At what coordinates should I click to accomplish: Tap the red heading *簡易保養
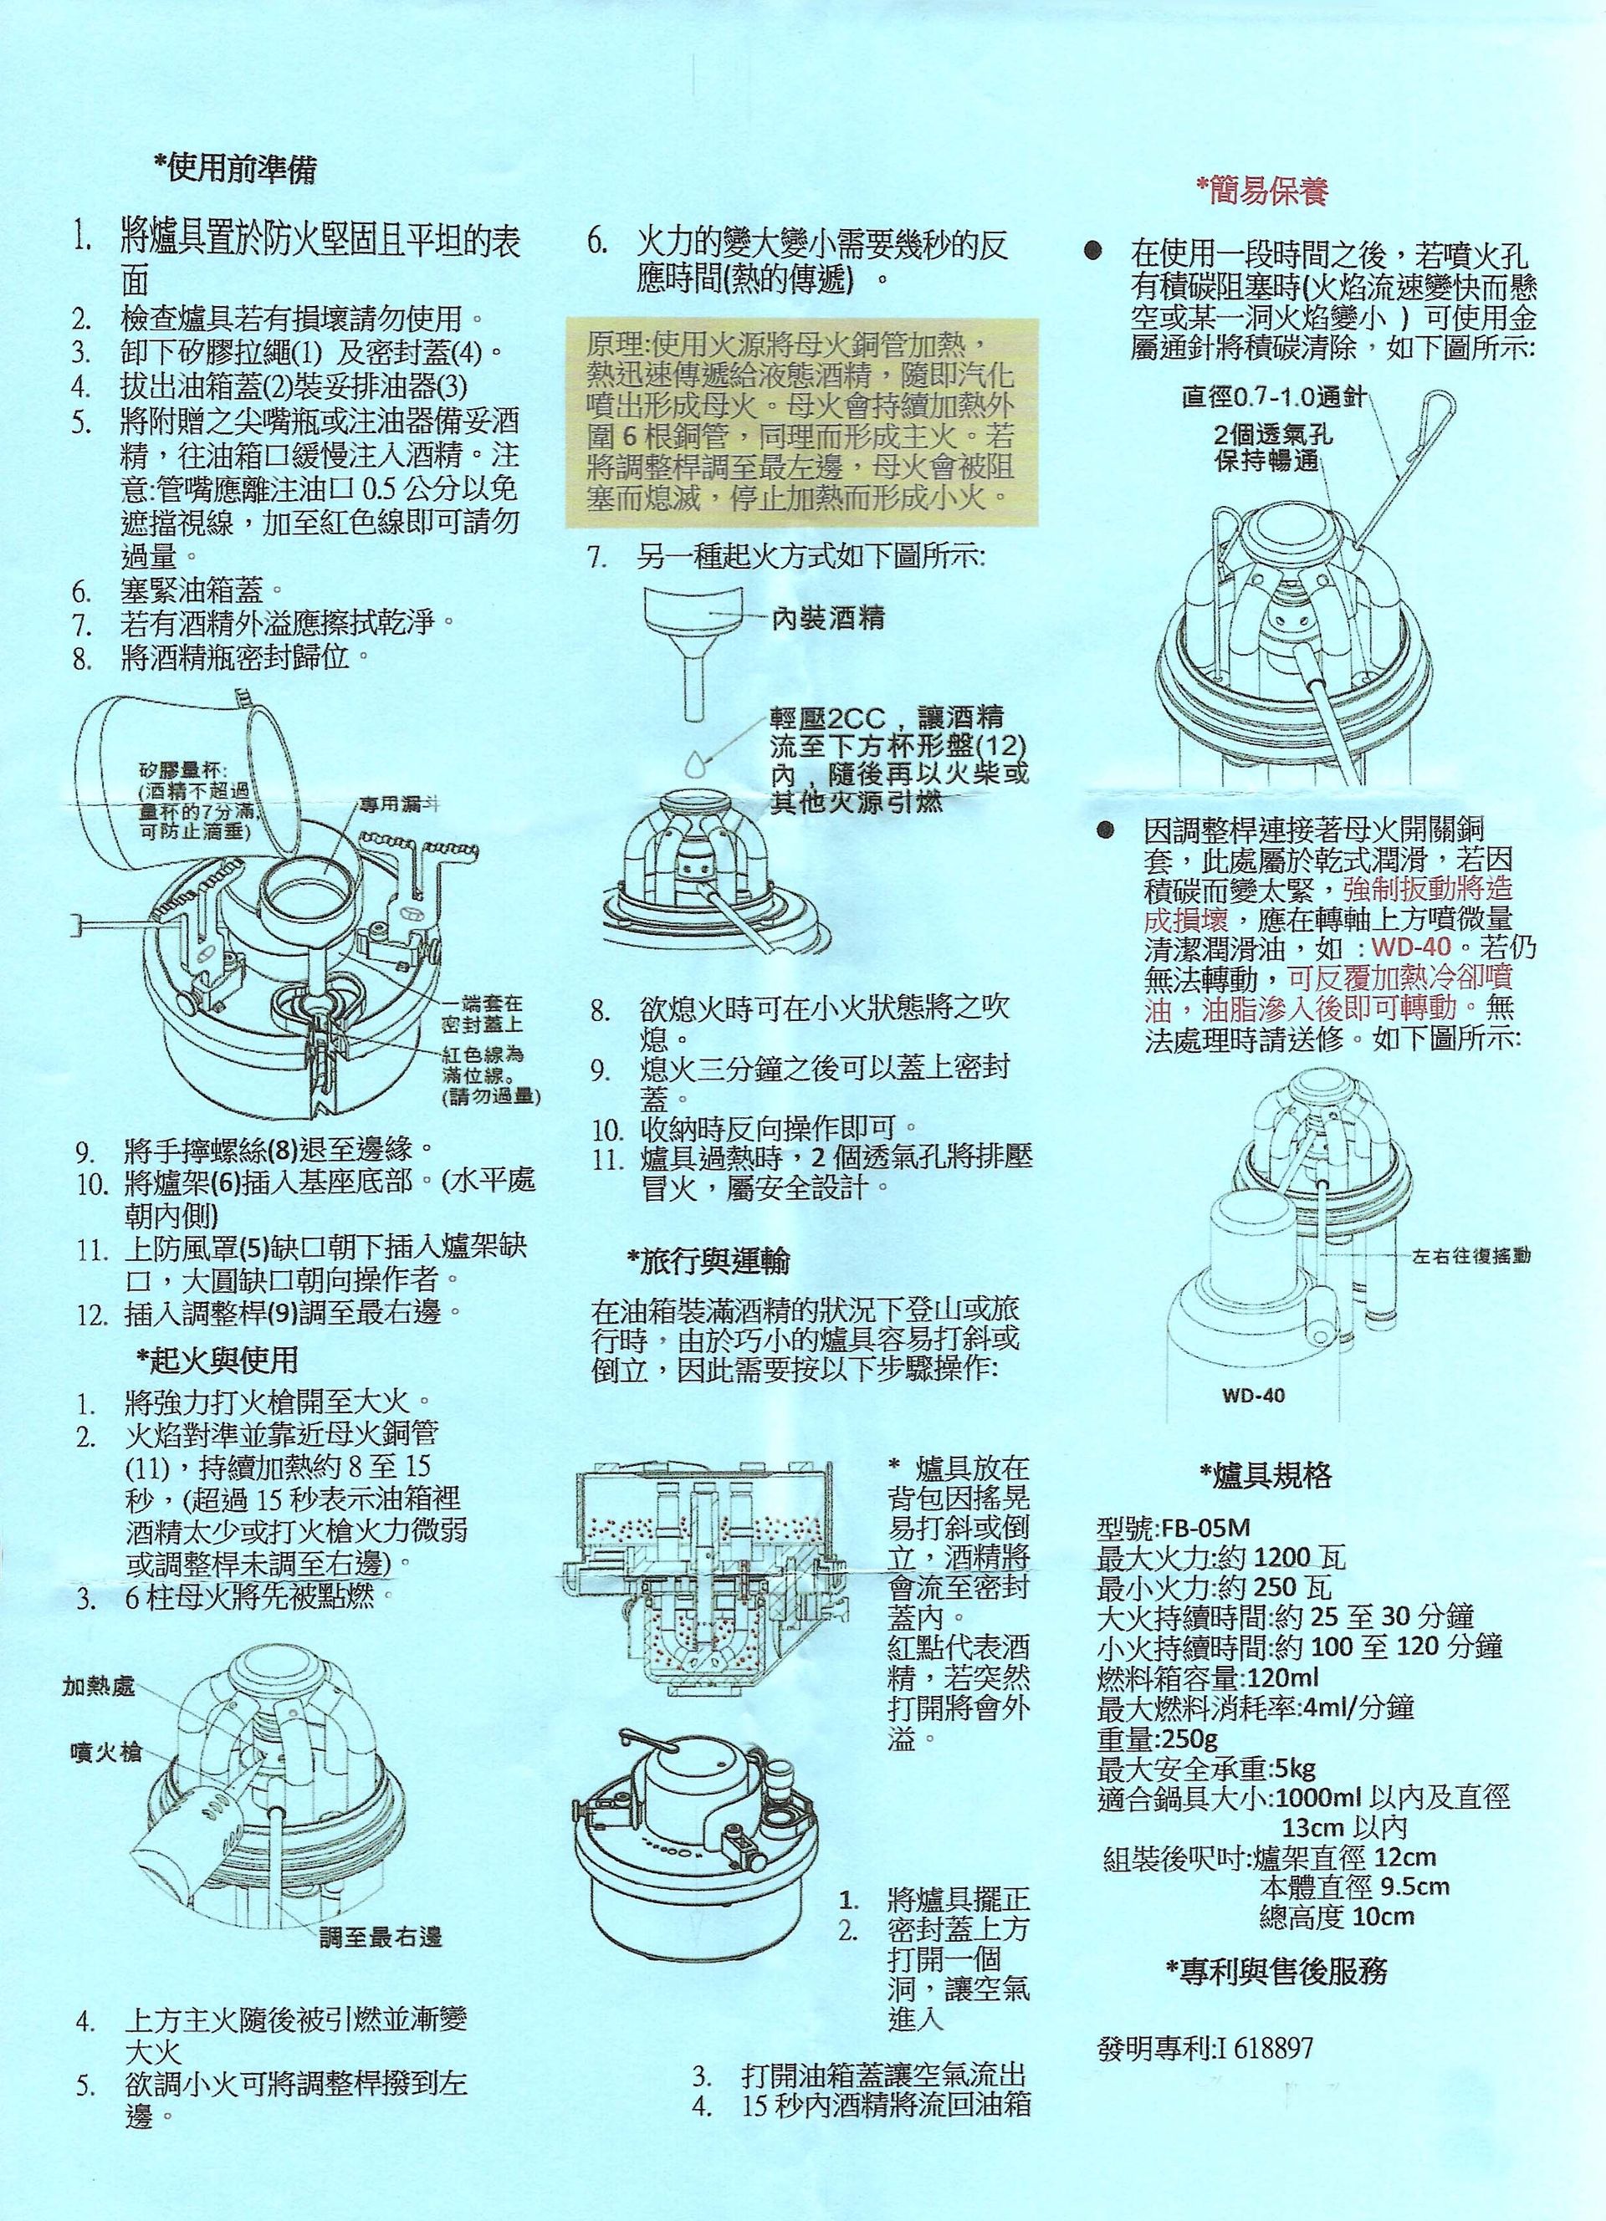[x=1262, y=192]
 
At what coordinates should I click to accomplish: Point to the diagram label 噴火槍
[x=105, y=1751]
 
